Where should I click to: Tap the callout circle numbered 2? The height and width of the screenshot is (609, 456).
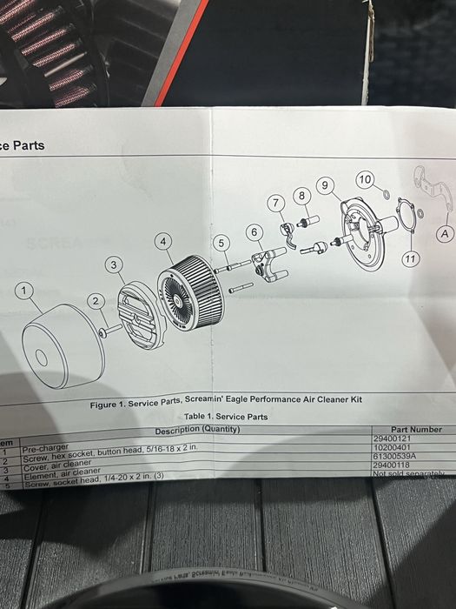click(x=96, y=300)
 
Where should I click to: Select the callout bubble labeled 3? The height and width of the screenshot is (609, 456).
click(x=115, y=264)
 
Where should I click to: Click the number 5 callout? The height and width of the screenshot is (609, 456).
click(x=221, y=243)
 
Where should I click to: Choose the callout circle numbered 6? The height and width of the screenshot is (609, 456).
click(x=254, y=232)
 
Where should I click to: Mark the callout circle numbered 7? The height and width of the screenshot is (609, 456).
click(x=276, y=203)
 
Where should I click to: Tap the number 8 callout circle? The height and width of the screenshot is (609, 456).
click(x=301, y=195)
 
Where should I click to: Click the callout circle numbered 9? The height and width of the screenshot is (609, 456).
click(x=326, y=184)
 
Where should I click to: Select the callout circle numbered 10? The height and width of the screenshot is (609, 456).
click(x=365, y=180)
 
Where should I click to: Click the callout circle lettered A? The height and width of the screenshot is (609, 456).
click(x=445, y=233)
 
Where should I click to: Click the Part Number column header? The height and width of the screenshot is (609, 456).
click(x=416, y=430)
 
